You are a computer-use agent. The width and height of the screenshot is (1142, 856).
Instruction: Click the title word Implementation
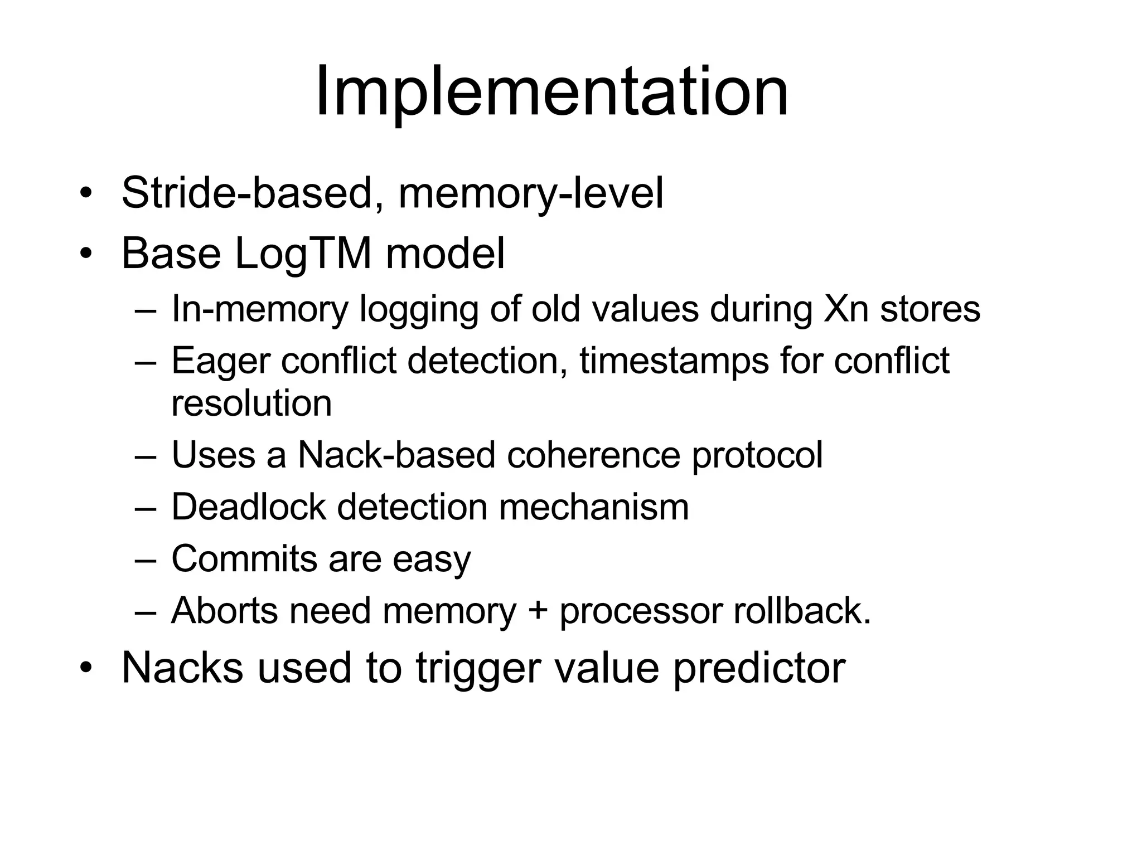point(551,92)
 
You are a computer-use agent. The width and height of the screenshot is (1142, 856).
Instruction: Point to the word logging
point(419,310)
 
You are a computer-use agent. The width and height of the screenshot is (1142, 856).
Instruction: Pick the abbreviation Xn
point(845,309)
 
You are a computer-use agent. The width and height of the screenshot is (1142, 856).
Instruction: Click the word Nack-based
point(396,455)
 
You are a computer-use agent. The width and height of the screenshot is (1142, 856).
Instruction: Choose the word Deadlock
point(249,507)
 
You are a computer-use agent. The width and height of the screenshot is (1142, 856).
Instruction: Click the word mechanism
point(593,507)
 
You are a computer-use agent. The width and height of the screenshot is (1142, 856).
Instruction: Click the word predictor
point(759,669)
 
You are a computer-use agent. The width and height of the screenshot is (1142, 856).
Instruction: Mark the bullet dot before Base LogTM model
point(85,254)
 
